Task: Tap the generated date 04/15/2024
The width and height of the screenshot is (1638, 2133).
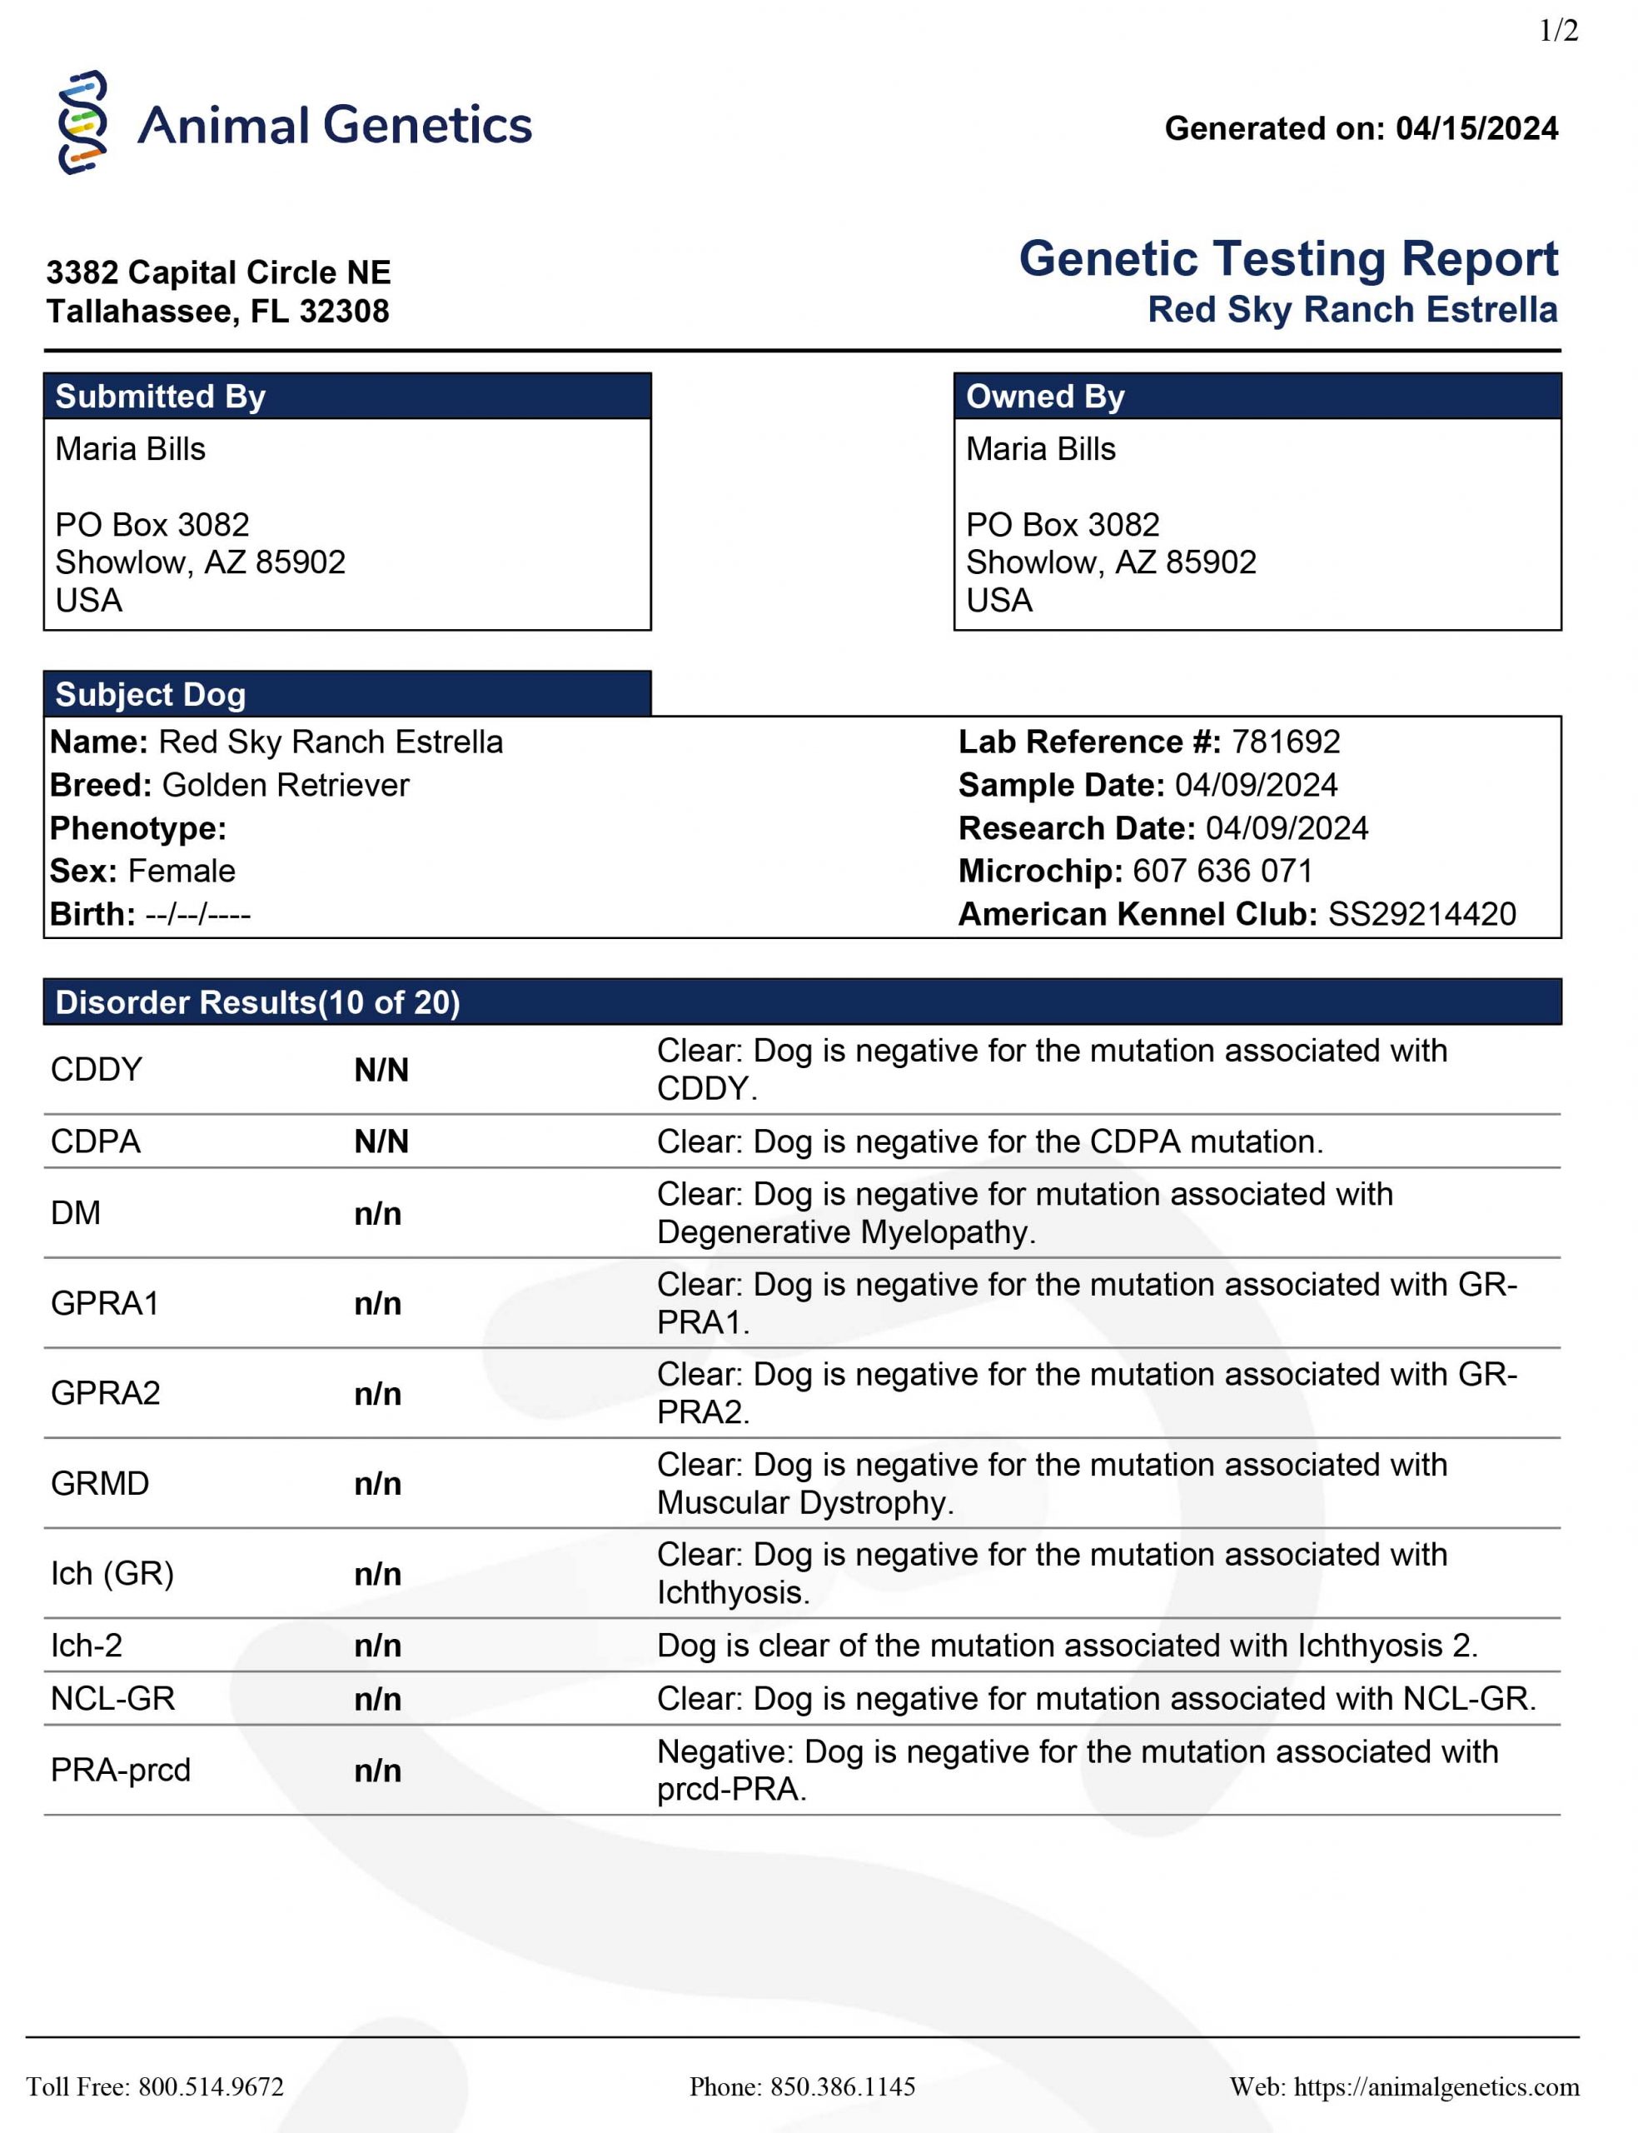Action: click(x=1476, y=129)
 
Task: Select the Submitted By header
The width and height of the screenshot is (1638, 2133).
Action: click(x=160, y=397)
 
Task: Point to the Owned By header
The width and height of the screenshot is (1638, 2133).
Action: click(x=1044, y=397)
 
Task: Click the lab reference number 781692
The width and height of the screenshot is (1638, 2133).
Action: click(x=1285, y=742)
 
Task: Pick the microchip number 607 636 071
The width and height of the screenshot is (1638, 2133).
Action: click(x=1222, y=871)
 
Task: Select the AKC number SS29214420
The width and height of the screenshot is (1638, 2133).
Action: click(x=1421, y=914)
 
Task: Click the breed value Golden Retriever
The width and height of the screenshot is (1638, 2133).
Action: click(x=286, y=785)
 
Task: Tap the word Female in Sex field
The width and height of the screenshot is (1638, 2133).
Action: click(x=182, y=871)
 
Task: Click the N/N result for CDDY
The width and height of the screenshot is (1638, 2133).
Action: click(x=381, y=1071)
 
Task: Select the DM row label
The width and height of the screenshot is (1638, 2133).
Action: click(x=76, y=1213)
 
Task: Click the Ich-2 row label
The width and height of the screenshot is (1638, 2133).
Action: click(x=87, y=1646)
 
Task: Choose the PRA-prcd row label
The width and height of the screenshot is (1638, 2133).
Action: click(x=121, y=1771)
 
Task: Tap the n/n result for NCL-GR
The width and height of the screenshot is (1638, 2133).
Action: click(x=377, y=1699)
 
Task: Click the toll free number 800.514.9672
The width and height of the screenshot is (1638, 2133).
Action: click(x=211, y=2086)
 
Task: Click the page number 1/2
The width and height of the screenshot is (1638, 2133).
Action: click(x=1558, y=31)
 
